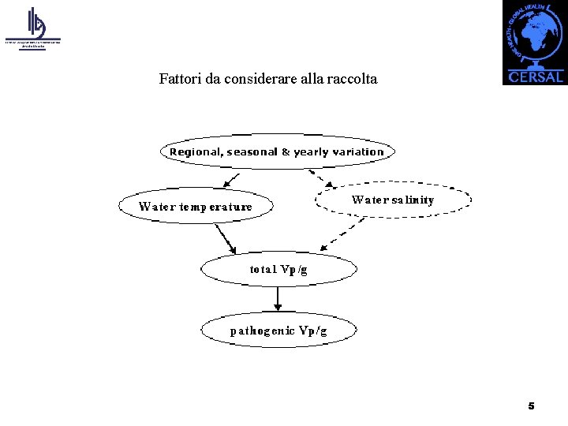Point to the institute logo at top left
point(33,28)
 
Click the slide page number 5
point(531,405)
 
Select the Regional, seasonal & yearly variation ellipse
point(277,151)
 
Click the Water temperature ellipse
point(196,207)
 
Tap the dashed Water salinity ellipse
point(393,200)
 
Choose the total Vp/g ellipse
point(278,270)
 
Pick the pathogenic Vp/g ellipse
point(278,331)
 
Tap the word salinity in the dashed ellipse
point(411,200)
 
